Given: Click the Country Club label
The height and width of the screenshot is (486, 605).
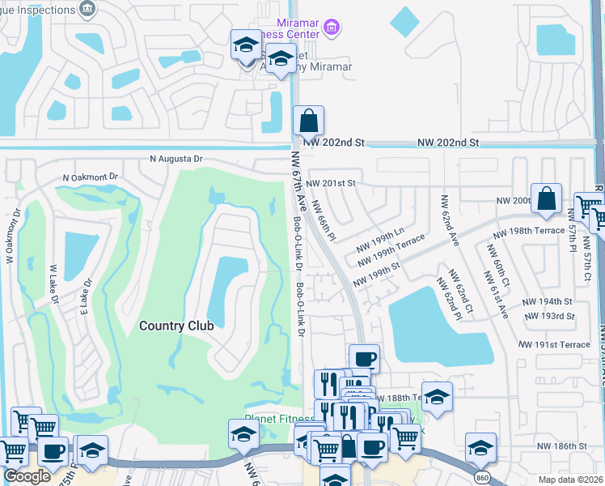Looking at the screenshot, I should coord(176,326).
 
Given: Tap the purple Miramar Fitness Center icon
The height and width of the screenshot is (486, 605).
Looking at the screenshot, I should coord(330,28).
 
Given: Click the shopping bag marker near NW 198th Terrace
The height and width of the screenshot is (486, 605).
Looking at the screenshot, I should coord(547,199).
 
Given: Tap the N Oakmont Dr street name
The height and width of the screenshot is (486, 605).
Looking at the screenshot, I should coord(91,177).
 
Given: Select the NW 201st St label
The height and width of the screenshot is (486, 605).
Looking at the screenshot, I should coord(331,183).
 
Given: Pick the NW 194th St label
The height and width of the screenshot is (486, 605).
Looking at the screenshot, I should coord(544,301).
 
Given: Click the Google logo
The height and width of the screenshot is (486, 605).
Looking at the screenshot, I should coord(26,476).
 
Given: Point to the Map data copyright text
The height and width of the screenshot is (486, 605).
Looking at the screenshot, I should coord(570,480).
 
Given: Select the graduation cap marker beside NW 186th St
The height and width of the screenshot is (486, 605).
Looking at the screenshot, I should coord(480,447).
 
